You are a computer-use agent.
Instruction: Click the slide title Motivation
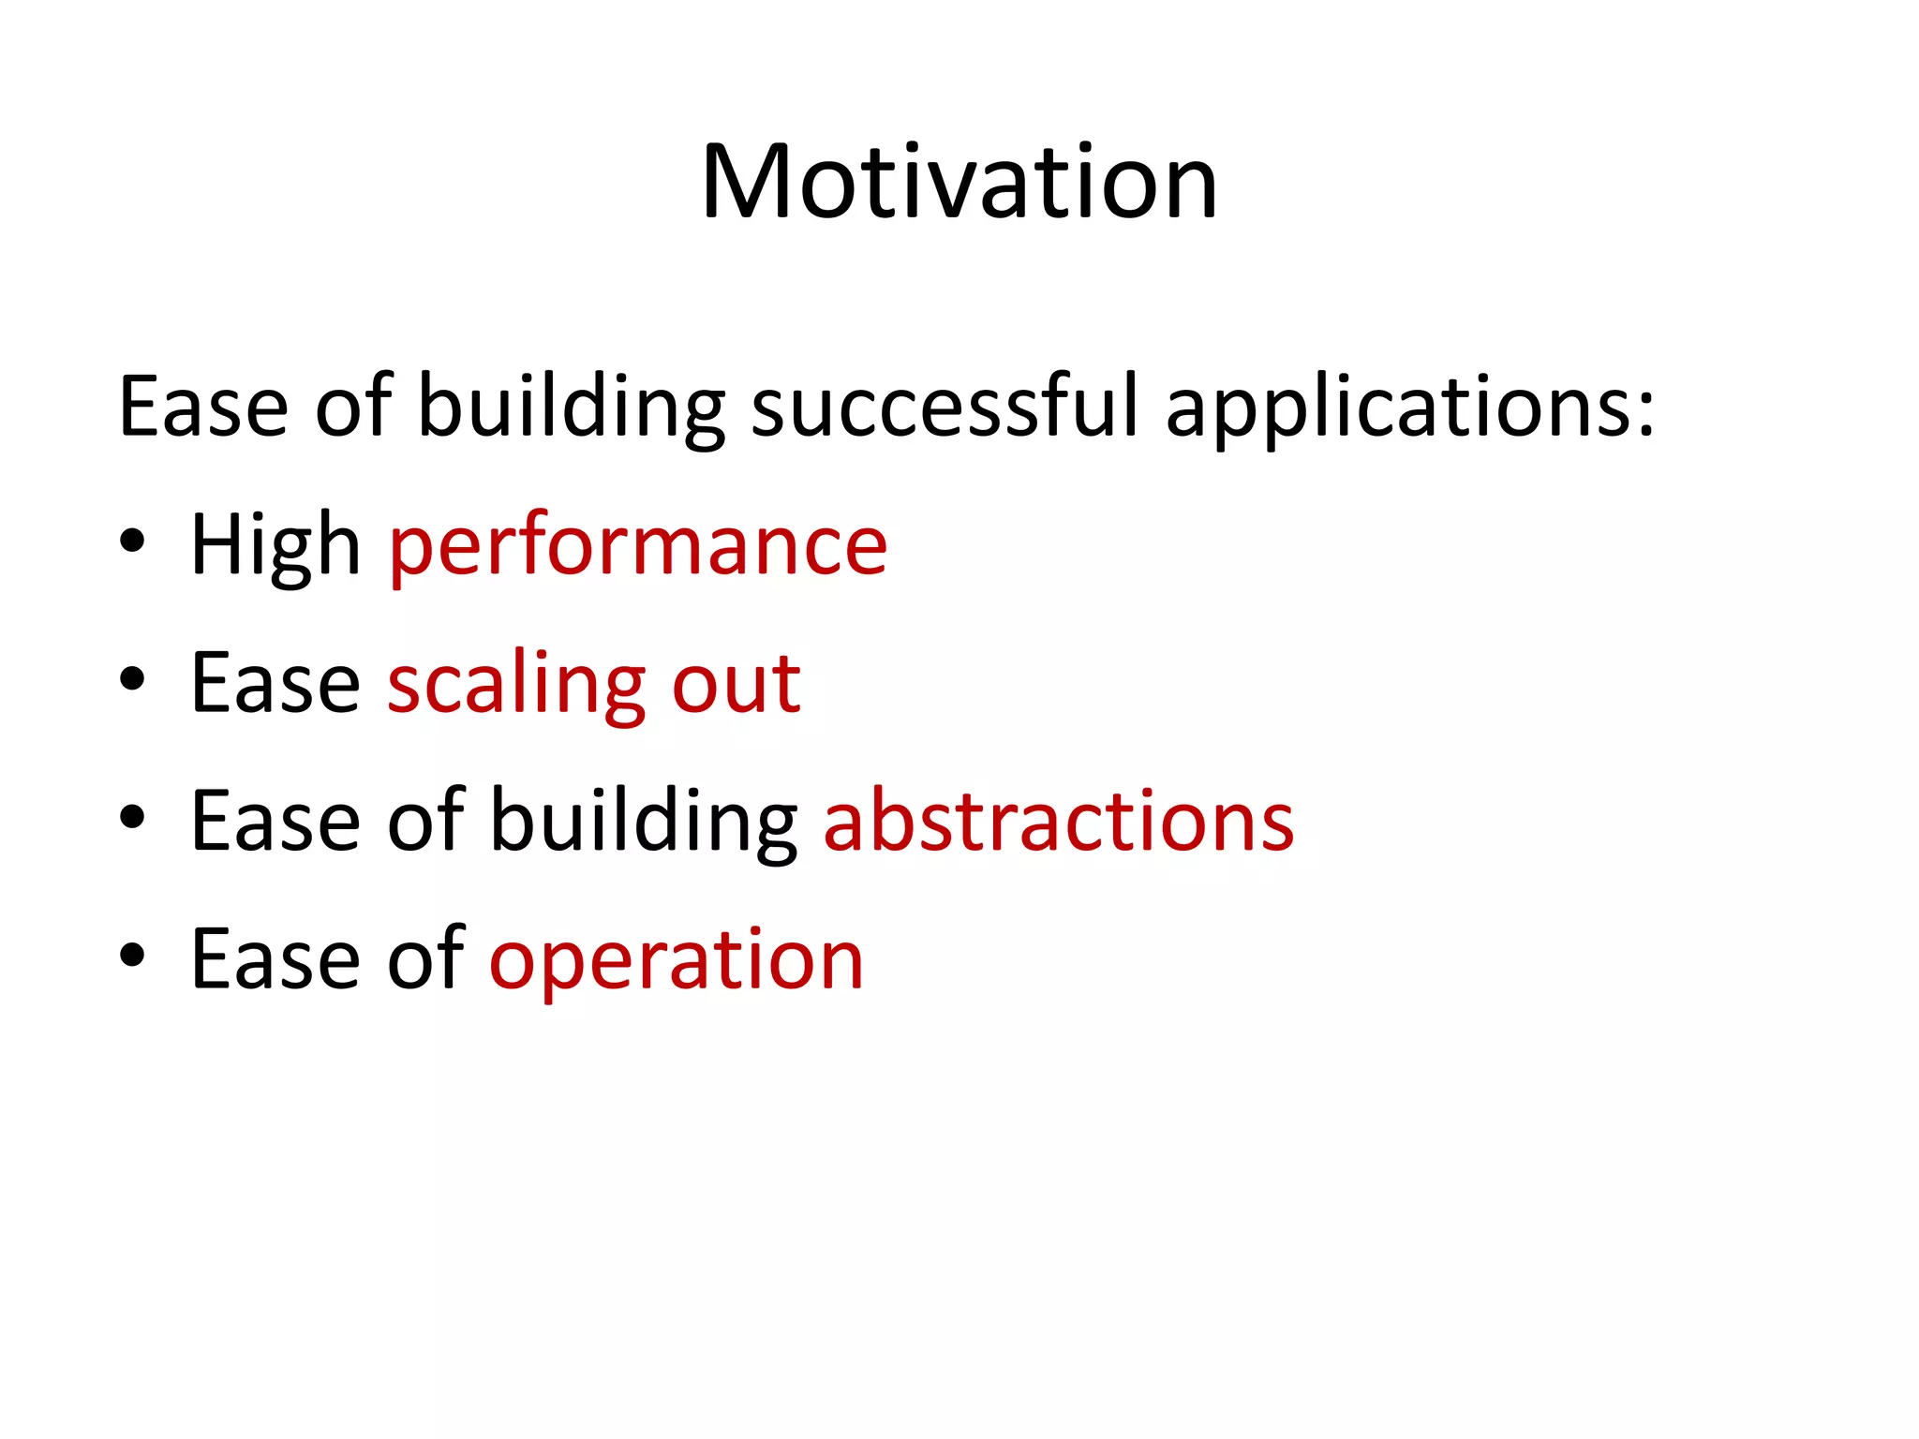click(x=959, y=182)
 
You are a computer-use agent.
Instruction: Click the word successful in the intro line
click(x=945, y=407)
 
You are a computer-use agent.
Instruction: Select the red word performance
click(x=638, y=547)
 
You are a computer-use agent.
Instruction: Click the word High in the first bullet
click(x=275, y=545)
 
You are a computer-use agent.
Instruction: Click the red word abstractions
click(x=1058, y=822)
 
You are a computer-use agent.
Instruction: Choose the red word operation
click(x=676, y=961)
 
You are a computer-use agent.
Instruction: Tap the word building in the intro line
click(x=571, y=408)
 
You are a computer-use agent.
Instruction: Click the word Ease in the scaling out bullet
click(x=275, y=684)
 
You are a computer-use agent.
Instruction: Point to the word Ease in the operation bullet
click(x=275, y=959)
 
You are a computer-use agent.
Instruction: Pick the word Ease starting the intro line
click(x=203, y=407)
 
